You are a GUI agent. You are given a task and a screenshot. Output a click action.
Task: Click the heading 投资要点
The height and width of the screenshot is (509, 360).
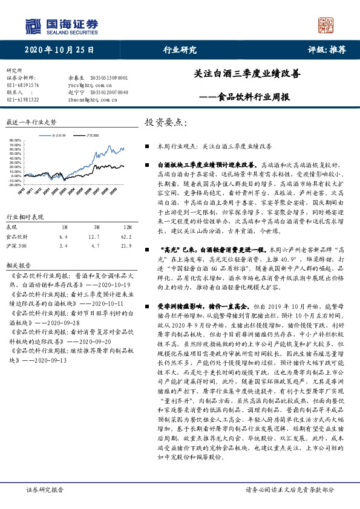click(164, 122)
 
